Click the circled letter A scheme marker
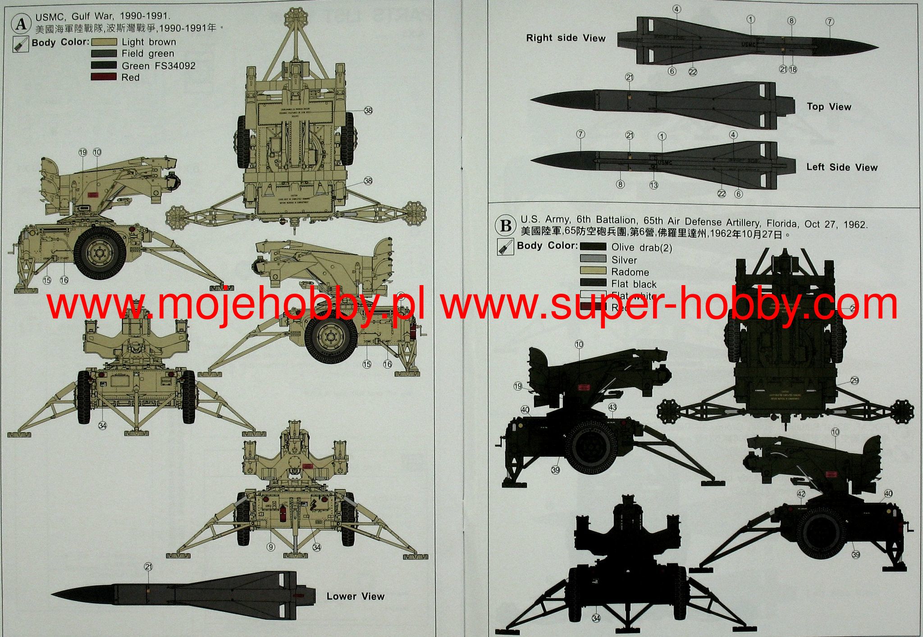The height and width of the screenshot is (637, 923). (21, 23)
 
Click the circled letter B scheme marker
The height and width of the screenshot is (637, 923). (506, 226)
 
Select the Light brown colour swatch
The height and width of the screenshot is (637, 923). (104, 42)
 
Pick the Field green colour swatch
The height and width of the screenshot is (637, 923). (104, 54)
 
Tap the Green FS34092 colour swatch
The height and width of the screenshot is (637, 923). (104, 65)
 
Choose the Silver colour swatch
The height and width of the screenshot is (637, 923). (593, 259)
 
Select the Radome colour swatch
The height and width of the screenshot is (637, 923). (593, 272)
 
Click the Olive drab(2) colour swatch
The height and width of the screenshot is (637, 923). (593, 247)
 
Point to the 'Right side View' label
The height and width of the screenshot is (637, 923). (566, 38)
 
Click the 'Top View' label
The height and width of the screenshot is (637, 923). (829, 107)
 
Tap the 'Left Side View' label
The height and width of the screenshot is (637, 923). (842, 167)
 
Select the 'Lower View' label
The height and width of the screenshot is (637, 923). (355, 596)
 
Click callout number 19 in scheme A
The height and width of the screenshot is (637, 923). (82, 152)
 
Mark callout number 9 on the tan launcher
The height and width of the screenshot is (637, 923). (270, 547)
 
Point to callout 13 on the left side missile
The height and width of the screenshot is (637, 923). (653, 185)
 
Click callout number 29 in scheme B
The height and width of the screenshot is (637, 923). (854, 381)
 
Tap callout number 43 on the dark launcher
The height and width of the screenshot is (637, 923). (612, 407)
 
